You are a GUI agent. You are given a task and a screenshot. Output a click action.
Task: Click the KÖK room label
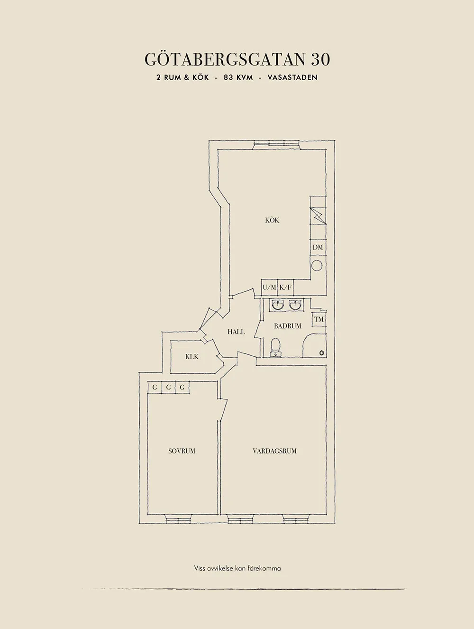pyautogui.click(x=272, y=221)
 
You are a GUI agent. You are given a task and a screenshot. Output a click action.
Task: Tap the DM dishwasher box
pyautogui.click(x=318, y=247)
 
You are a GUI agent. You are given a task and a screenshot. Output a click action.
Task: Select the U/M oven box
pyautogui.click(x=269, y=287)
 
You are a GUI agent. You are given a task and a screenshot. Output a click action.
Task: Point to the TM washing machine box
pyautogui.click(x=319, y=319)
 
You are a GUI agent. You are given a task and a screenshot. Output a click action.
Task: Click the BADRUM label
pyautogui.click(x=288, y=326)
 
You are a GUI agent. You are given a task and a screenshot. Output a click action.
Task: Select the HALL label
pyautogui.click(x=236, y=332)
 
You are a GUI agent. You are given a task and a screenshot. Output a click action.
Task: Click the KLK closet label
pyautogui.click(x=192, y=357)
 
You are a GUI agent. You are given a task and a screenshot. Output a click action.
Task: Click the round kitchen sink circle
pyautogui.click(x=317, y=265)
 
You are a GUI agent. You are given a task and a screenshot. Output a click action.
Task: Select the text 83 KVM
pyautogui.click(x=239, y=78)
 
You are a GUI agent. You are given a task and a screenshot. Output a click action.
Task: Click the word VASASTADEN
pyautogui.click(x=292, y=78)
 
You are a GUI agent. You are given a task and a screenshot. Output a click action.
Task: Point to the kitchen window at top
pyautogui.click(x=276, y=144)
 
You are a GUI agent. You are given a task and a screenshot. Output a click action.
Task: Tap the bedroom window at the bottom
pyautogui.click(x=178, y=519)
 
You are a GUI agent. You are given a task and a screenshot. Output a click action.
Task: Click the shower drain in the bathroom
pyautogui.click(x=322, y=352)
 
